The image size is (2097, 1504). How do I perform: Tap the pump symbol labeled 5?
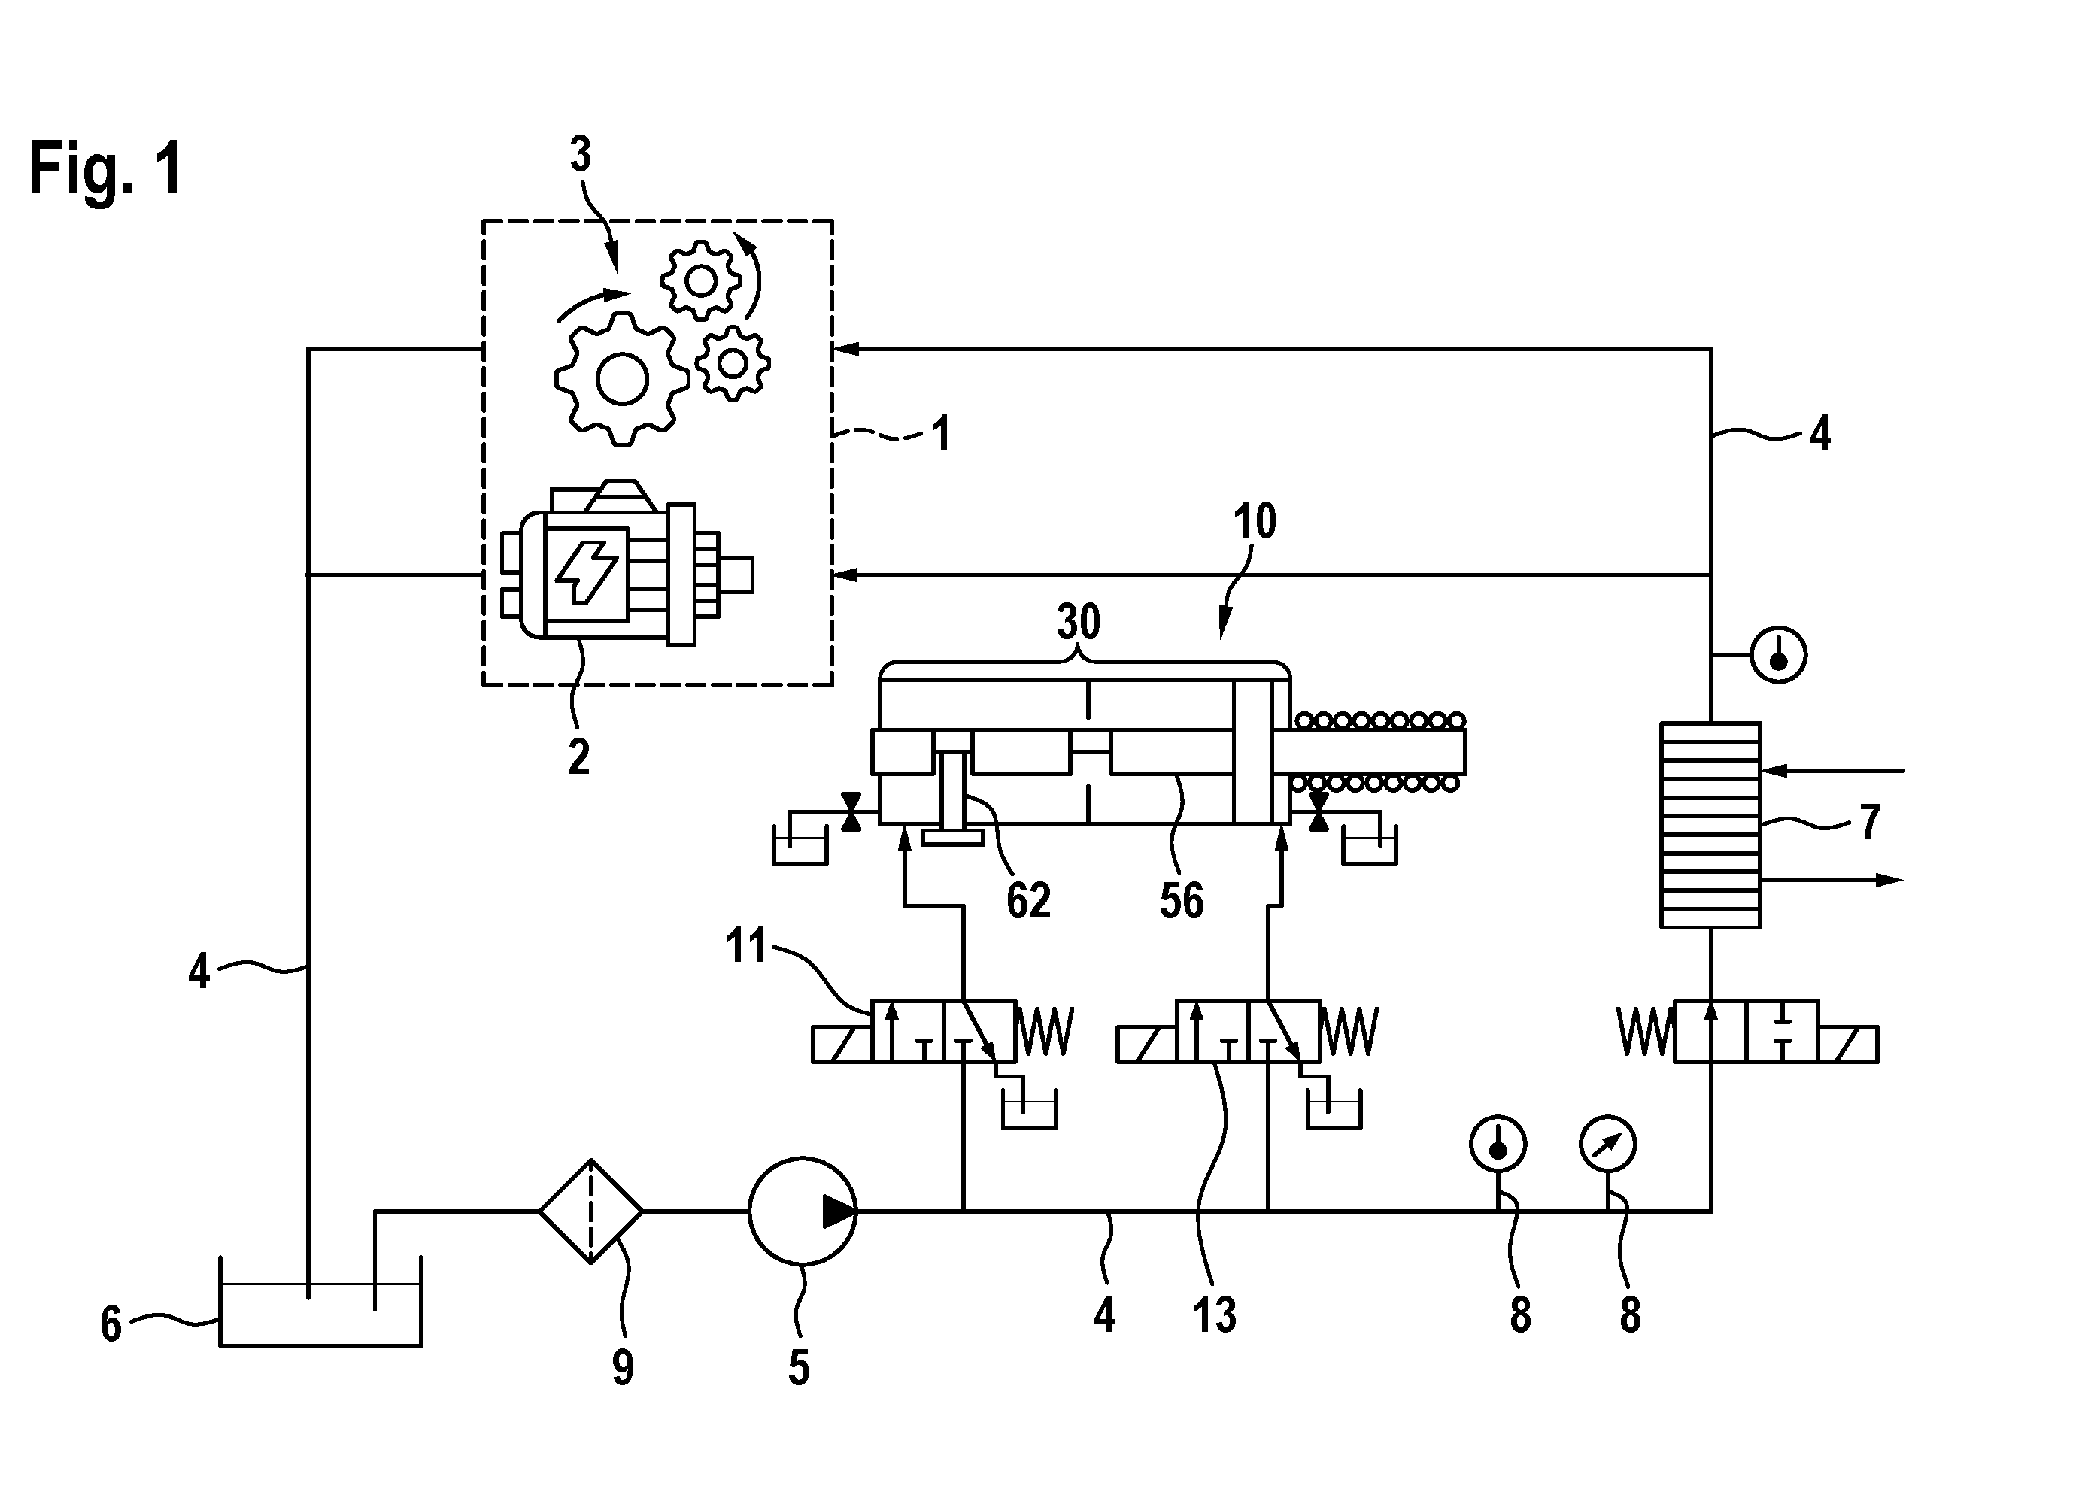pyautogui.click(x=803, y=1210)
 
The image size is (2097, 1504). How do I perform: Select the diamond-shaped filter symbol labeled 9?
pyautogui.click(x=591, y=1210)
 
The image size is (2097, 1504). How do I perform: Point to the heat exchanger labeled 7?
pyautogui.click(x=1710, y=824)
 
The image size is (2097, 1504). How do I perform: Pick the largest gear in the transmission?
pyautogui.click(x=622, y=379)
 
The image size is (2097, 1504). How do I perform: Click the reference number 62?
pyautogui.click(x=1028, y=900)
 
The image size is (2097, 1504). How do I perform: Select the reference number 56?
pyautogui.click(x=1182, y=900)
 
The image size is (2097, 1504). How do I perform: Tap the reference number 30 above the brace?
pyautogui.click(x=1079, y=622)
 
